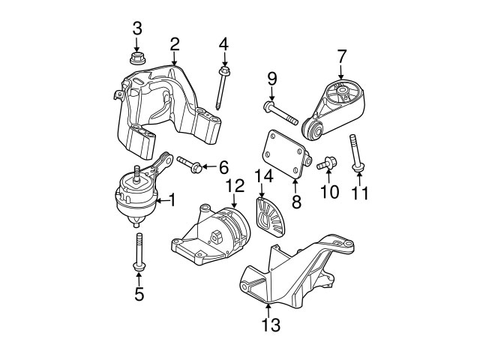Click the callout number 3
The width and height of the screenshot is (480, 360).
tap(136, 29)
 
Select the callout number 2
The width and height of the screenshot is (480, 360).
tap(174, 44)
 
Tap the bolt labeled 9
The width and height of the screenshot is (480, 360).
tap(280, 114)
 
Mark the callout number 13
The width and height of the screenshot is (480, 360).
tap(271, 325)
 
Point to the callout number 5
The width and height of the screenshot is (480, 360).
tap(139, 295)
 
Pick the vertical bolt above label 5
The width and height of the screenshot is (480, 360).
tap(139, 251)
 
